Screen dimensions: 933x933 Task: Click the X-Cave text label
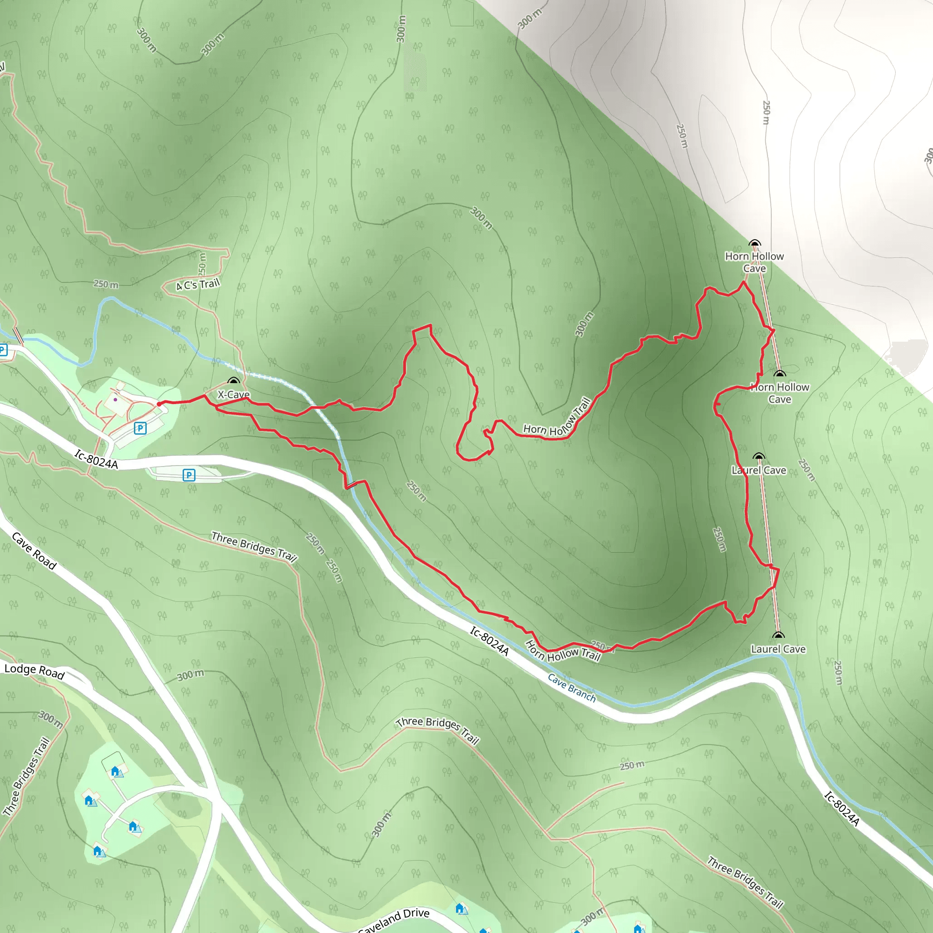coord(233,395)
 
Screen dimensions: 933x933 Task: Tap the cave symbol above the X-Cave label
coord(234,381)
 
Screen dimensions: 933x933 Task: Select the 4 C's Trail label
coord(198,284)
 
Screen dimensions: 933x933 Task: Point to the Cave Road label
coord(34,551)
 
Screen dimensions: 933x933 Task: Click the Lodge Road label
coord(34,671)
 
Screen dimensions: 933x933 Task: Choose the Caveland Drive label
coord(394,920)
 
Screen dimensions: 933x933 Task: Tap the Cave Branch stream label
coord(572,687)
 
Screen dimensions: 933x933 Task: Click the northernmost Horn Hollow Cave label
coord(754,262)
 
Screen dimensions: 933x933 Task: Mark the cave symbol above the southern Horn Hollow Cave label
coord(779,374)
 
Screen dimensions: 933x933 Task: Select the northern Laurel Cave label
coord(759,470)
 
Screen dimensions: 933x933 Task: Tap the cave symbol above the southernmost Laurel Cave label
coord(778,635)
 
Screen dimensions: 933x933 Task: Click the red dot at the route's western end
coord(159,404)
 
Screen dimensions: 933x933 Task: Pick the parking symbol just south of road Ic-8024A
coord(189,475)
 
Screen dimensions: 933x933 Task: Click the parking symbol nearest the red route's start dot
coord(140,428)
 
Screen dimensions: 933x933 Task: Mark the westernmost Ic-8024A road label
coord(96,459)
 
